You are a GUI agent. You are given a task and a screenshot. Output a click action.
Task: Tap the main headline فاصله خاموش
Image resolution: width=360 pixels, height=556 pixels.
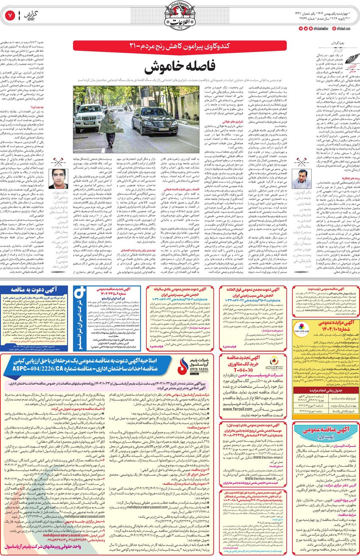click(179, 66)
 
